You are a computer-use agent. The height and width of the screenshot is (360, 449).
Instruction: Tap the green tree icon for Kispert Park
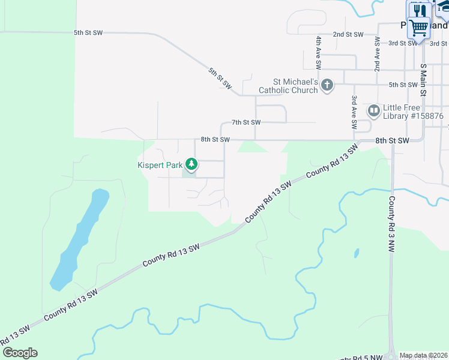pyautogui.click(x=191, y=164)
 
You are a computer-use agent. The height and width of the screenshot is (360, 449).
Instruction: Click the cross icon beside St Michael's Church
pyautogui.click(x=327, y=85)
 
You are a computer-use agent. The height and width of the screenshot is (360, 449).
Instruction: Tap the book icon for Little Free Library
pyautogui.click(x=374, y=110)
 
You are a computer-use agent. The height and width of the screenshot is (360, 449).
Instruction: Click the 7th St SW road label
pyautogui.click(x=246, y=122)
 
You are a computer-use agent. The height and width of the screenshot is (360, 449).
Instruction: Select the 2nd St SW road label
pyautogui.click(x=349, y=35)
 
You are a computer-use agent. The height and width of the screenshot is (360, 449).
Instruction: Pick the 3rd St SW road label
pyautogui.click(x=403, y=43)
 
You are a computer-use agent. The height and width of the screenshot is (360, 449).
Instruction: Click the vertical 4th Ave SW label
pyautogui.click(x=319, y=50)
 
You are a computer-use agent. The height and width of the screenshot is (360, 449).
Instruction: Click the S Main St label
pyautogui.click(x=423, y=80)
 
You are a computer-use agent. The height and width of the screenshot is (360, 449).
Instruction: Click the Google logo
pyautogui.click(x=20, y=353)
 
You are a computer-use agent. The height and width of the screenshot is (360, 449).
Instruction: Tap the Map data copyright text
pyautogui.click(x=423, y=355)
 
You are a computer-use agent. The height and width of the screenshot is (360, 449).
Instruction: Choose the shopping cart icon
pyautogui.click(x=418, y=28)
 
